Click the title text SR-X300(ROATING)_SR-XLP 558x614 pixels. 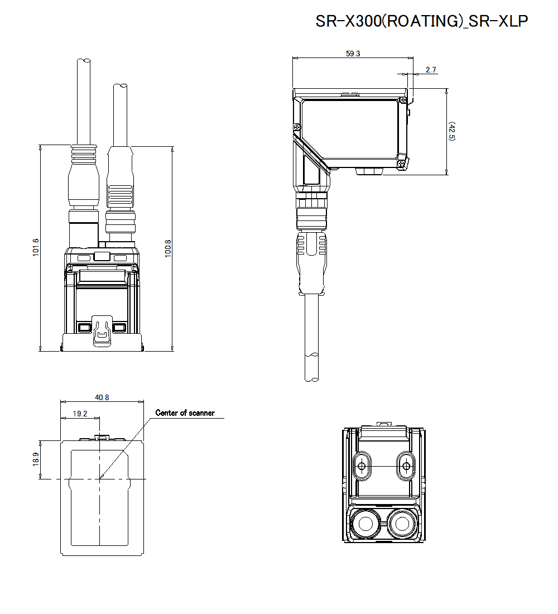tap(421, 21)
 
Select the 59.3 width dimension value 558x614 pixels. tap(353, 54)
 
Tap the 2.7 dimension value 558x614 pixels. tap(430, 70)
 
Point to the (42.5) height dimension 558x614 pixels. tap(451, 131)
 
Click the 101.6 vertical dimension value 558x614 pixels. tap(36, 248)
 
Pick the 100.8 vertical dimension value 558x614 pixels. tap(168, 248)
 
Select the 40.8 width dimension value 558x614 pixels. tap(102, 397)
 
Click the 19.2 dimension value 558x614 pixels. tap(80, 414)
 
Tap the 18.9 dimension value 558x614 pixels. tap(36, 459)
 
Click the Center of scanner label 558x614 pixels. tap(185, 413)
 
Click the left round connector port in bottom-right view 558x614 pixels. tap(365, 523)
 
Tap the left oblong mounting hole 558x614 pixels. tap(362, 466)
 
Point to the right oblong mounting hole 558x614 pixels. tap(406, 466)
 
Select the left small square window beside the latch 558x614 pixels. tap(85, 327)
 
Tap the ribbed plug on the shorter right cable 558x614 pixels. tap(121, 195)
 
